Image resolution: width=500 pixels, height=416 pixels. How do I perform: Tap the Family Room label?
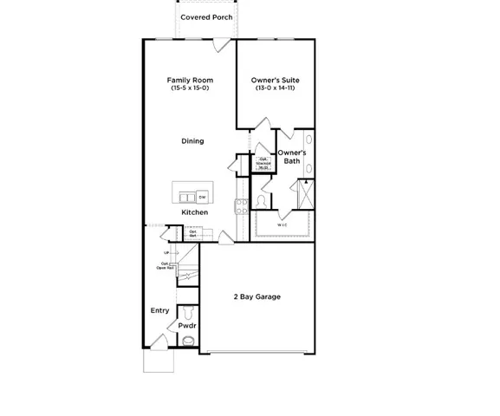click(190, 81)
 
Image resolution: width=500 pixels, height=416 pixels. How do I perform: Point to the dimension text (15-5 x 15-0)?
click(190, 89)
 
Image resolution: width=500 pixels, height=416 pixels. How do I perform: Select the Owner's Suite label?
click(276, 81)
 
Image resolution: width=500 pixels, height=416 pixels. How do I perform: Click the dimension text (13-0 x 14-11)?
click(276, 89)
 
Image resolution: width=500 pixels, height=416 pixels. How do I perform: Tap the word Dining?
click(192, 141)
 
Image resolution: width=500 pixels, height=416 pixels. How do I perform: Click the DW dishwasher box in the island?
click(202, 197)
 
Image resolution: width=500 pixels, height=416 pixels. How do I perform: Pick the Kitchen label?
click(194, 212)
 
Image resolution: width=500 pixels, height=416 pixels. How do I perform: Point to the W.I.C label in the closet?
click(282, 224)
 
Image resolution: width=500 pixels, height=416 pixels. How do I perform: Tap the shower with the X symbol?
click(306, 192)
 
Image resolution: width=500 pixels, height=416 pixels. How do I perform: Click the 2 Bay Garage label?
click(256, 296)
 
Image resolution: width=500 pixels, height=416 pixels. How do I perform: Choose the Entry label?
click(159, 310)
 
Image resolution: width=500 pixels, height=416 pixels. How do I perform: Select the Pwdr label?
click(187, 326)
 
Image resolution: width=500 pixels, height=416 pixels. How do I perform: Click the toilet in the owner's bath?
click(261, 201)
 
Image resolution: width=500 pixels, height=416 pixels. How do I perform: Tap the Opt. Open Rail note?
click(166, 266)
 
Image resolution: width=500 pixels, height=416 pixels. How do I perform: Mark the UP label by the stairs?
click(166, 253)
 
